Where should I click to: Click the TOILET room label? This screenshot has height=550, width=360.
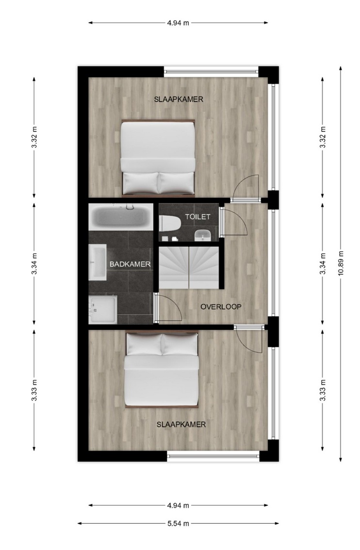[197, 217]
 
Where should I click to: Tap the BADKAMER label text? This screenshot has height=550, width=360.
[130, 264]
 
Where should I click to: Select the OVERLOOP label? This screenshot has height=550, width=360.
[221, 307]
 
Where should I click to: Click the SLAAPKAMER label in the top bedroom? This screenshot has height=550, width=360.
[179, 99]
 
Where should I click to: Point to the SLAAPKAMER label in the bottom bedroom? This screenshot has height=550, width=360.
[181, 425]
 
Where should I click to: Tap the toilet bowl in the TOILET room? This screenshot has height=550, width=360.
[169, 223]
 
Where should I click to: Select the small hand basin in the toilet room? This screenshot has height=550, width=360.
[202, 235]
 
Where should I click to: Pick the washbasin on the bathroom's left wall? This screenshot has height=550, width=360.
[97, 262]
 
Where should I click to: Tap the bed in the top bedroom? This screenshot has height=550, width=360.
[158, 157]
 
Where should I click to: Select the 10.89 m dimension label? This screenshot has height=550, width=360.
[341, 263]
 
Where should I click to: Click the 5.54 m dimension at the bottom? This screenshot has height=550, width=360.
[178, 524]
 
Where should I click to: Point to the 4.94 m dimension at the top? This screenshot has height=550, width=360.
[178, 23]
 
